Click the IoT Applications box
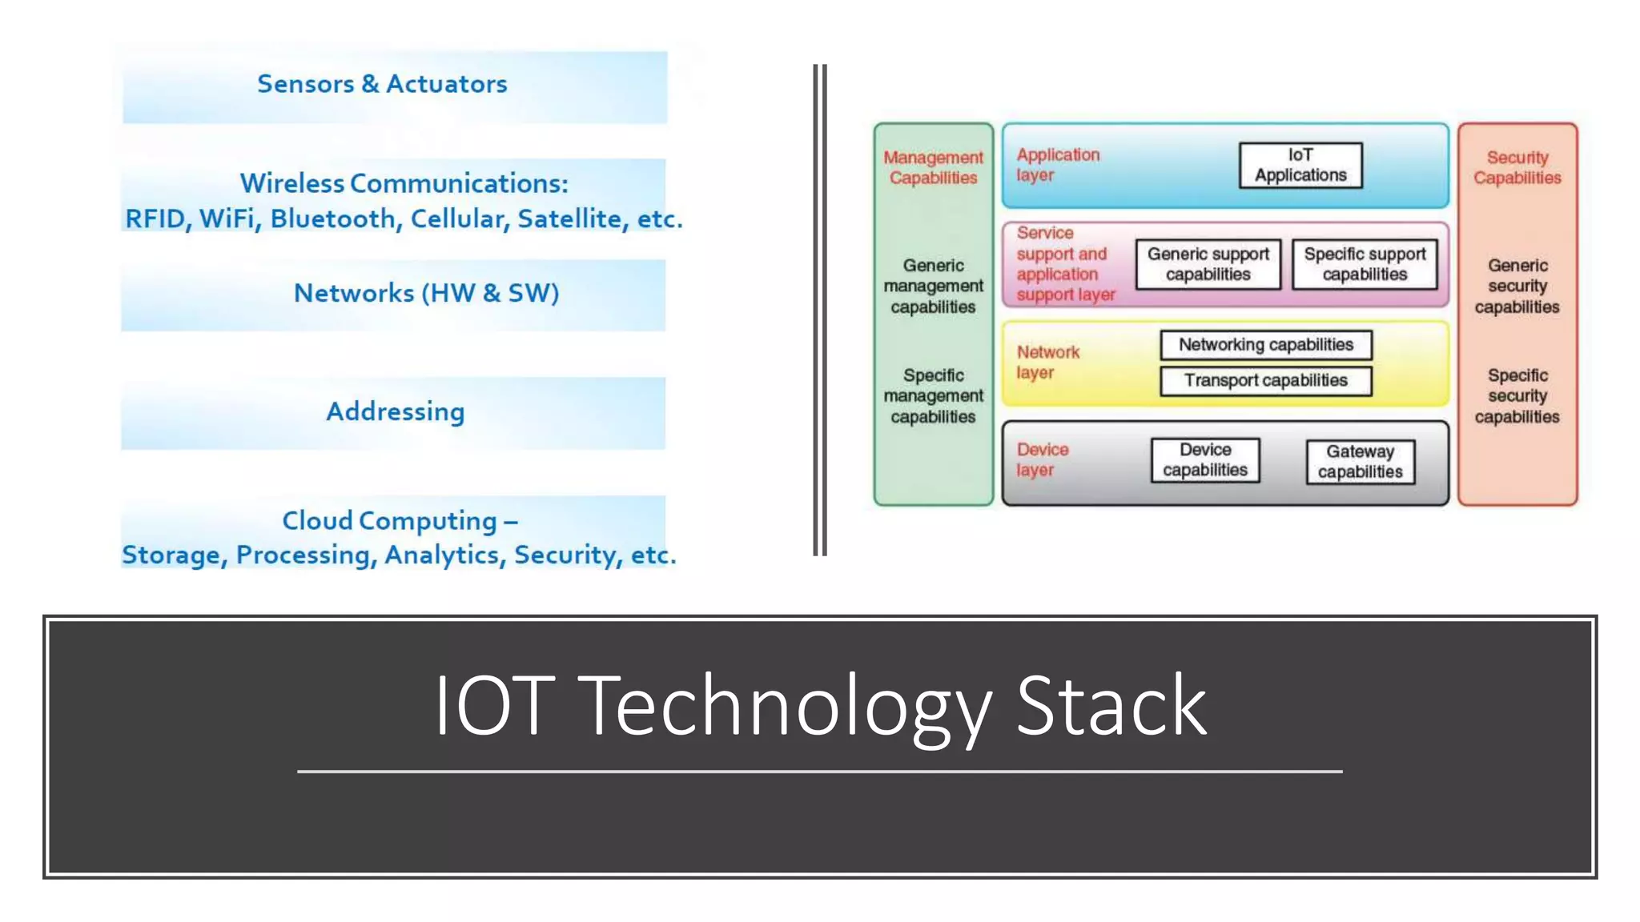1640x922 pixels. click(1300, 165)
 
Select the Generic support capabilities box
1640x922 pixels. click(1208, 264)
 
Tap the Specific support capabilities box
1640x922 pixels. click(1365, 264)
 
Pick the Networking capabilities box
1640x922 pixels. click(1265, 345)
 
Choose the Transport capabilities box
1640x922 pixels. click(1265, 380)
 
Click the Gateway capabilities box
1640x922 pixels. click(1360, 462)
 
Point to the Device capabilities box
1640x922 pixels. click(1205, 460)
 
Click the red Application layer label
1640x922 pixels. click(1057, 165)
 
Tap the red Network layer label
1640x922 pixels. click(1047, 363)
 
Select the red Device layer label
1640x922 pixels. click(1042, 460)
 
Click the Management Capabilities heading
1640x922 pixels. click(933, 167)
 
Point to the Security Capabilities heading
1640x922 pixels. click(1517, 167)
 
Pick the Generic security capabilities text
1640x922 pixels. click(1517, 286)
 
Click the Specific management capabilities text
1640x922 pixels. click(933, 395)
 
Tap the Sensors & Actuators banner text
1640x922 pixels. click(382, 84)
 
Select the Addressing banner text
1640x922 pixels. click(395, 411)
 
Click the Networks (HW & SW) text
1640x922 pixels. click(426, 293)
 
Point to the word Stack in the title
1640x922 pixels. click(1111, 706)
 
